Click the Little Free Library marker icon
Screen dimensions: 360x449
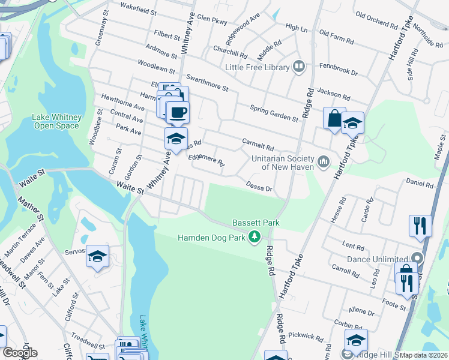click(299, 67)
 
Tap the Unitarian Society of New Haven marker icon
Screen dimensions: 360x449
click(324, 161)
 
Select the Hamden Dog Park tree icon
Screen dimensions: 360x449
click(255, 238)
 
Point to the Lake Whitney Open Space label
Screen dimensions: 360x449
click(56, 121)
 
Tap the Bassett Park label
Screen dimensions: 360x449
click(257, 223)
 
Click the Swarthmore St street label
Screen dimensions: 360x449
click(208, 83)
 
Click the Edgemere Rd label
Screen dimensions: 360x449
click(206, 160)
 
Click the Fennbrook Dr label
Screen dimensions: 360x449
click(339, 69)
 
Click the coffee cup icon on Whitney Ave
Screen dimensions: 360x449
click(177, 112)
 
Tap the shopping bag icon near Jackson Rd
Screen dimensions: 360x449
click(334, 118)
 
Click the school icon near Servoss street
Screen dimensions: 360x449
click(97, 256)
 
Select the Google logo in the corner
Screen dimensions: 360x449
click(19, 353)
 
